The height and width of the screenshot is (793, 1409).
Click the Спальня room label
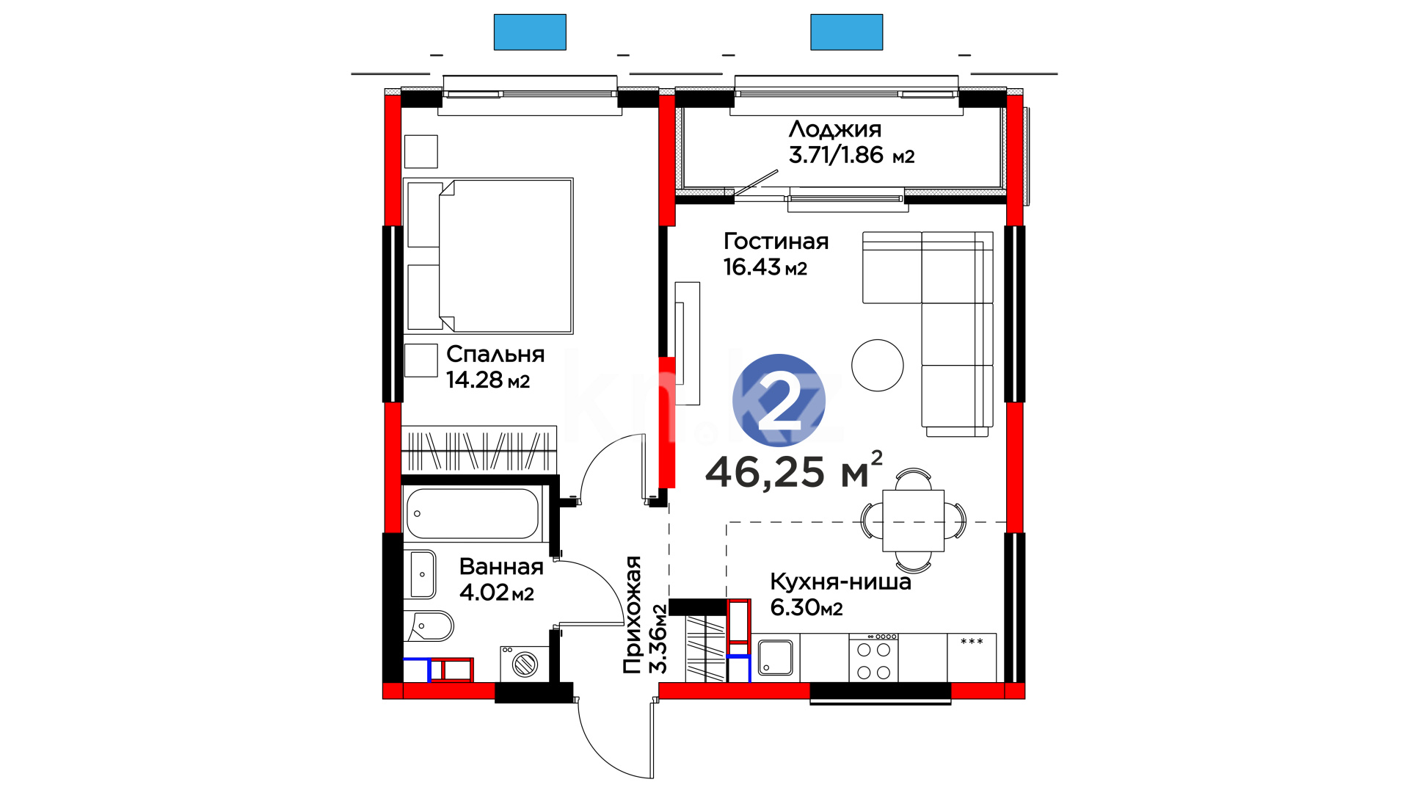495,355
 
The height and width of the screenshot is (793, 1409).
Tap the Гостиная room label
776,242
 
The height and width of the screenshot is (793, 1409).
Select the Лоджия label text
835,130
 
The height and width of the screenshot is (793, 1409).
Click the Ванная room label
501,567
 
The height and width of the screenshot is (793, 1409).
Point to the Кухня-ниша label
840,582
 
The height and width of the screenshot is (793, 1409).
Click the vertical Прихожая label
632,615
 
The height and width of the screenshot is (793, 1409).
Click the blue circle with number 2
779,400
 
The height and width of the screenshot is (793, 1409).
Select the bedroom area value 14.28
475,380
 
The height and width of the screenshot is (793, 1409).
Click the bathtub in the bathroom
473,513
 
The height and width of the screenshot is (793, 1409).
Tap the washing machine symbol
524,664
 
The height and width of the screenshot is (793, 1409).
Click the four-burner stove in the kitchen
873,658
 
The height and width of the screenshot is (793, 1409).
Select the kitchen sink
775,657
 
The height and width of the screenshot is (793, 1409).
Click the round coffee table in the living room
878,365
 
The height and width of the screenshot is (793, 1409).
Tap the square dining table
914,521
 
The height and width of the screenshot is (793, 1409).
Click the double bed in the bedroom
488,256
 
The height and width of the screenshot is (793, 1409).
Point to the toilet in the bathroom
429,626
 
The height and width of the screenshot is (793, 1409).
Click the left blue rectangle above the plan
530,32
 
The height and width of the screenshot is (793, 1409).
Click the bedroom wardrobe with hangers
479,449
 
